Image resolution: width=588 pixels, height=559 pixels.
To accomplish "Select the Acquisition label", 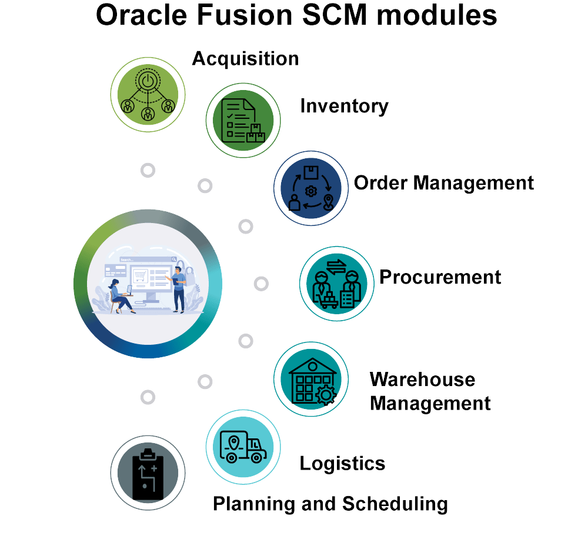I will point(245,59).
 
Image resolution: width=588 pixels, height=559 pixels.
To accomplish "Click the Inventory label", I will point(344,106).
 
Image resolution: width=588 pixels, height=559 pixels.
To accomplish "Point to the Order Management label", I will point(444,183).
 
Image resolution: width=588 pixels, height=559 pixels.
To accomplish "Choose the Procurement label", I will point(440,277).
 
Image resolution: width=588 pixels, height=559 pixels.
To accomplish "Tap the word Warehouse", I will point(422,380).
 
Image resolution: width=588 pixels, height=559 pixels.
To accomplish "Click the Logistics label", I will point(342,463).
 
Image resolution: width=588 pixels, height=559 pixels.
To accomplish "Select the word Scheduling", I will point(395,504).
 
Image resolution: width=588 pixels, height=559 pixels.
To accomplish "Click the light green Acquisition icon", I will point(148,94).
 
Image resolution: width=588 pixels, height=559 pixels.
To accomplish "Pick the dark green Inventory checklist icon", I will point(243,121).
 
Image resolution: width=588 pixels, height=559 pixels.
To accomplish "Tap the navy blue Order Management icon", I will point(311,188).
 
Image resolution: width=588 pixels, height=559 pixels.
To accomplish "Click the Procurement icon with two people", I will point(336,284).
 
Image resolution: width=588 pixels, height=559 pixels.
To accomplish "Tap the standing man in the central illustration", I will point(179,288).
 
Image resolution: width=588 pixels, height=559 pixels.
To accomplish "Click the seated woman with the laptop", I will point(119,294).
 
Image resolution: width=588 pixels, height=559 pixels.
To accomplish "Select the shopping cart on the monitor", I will point(141,275).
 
